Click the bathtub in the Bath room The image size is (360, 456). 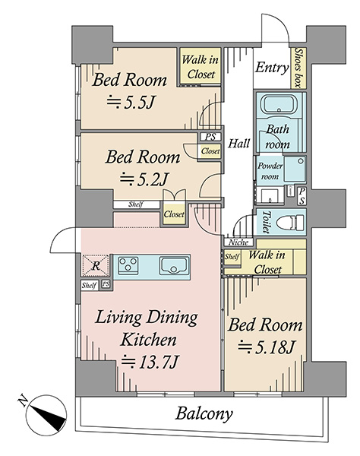[279, 105]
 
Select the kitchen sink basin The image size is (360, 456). [172, 265]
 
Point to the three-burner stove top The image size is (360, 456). [128, 264]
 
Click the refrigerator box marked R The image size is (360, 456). [96, 265]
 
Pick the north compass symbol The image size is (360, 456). [46, 415]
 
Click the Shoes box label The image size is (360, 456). [298, 67]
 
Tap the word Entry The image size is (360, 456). [272, 68]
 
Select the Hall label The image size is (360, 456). [238, 144]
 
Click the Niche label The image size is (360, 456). [238, 242]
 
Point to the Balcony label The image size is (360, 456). [204, 413]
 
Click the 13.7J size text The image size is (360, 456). [150, 362]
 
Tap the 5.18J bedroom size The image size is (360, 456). [267, 347]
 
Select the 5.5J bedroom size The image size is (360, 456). [130, 102]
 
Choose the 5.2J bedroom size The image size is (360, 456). [144, 179]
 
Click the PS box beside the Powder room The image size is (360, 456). [302, 196]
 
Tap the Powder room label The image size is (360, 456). [270, 171]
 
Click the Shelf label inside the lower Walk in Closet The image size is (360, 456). [232, 257]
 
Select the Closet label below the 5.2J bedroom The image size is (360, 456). [174, 214]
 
